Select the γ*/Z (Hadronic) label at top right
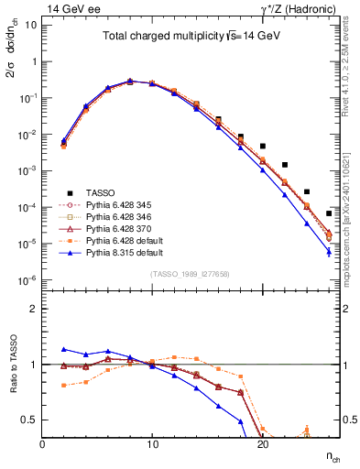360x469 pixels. [298, 7]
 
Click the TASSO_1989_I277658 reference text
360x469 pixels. [191, 273]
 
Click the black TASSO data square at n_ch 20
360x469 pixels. [263, 146]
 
